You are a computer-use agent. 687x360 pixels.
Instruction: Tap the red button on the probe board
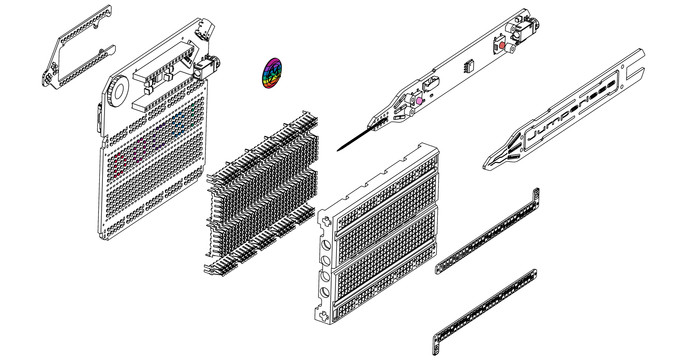[502, 46]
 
